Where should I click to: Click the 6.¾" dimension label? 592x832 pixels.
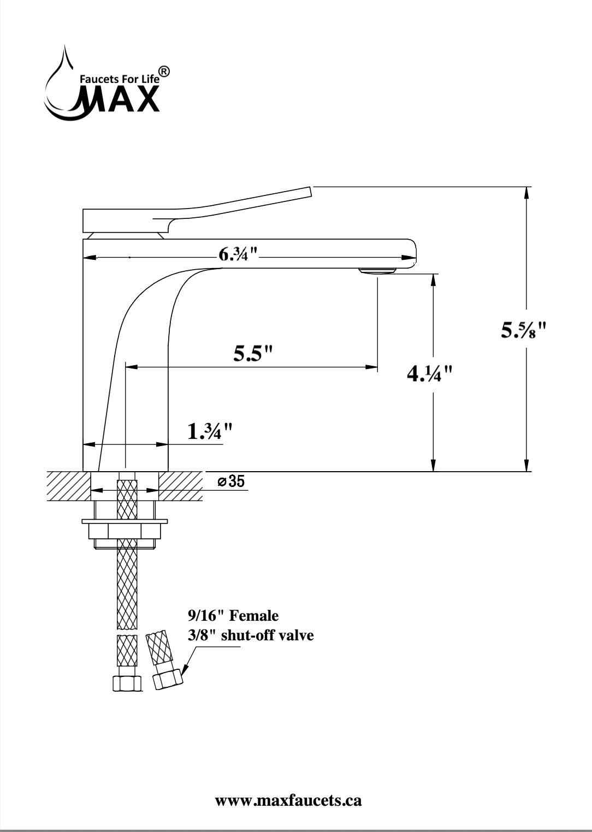coord(238,254)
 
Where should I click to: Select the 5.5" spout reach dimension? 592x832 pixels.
coord(253,354)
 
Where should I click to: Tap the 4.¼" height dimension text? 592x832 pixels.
coord(430,374)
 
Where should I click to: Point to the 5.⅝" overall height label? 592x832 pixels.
coord(524,330)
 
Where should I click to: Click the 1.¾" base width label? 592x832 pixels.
coord(210,432)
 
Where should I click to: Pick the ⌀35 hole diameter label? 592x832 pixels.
coord(232,482)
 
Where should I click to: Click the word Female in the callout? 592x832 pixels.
coord(253,616)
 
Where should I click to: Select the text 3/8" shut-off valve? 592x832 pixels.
coord(251,635)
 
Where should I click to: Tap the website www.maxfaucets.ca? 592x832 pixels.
coord(288,801)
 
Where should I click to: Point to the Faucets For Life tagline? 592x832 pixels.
coord(119,79)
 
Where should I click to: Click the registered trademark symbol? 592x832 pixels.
coord(164,72)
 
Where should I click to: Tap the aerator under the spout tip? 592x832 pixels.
coord(377,271)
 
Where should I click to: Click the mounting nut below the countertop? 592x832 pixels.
coord(125,530)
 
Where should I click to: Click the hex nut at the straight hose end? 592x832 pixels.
coord(127,683)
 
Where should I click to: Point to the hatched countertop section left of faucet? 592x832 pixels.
coord(68,485)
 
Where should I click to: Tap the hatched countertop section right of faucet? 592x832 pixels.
coord(181,485)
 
